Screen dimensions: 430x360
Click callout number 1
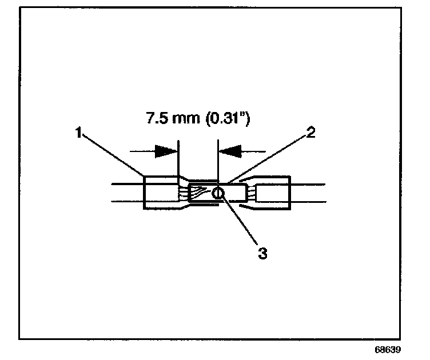[78, 133]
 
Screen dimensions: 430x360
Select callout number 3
[262, 253]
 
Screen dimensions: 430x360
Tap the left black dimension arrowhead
[166, 151]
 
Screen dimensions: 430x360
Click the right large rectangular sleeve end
[273, 193]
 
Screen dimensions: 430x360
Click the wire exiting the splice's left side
[126, 193]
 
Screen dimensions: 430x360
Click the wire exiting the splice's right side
[309, 193]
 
